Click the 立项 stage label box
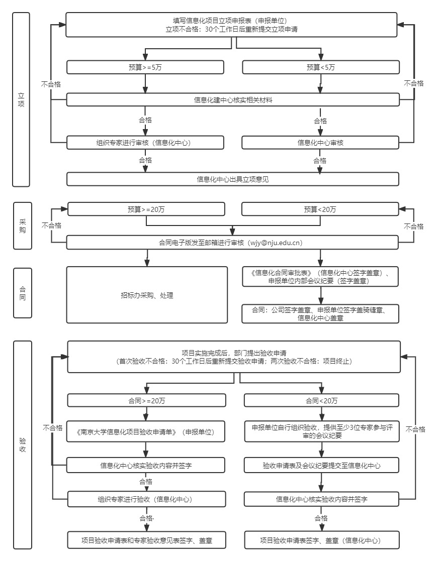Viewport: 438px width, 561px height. pyautogui.click(x=21, y=99)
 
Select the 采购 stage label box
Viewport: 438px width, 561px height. pyautogui.click(x=22, y=226)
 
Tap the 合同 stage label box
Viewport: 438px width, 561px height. pyautogui.click(x=22, y=293)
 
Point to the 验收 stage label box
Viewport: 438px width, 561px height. pyautogui.click(x=22, y=445)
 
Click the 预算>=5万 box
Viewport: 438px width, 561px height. pyautogui.click(x=145, y=67)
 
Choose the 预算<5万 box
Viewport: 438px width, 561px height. pyautogui.click(x=320, y=67)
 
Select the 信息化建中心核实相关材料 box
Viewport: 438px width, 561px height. pyautogui.click(x=233, y=99)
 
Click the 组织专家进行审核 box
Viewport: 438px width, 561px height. pyautogui.click(x=145, y=143)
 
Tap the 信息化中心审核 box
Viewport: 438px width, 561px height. pyautogui.click(x=320, y=143)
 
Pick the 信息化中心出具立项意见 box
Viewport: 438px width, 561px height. pyautogui.click(x=233, y=179)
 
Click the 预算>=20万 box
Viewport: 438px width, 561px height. pyautogui.click(x=146, y=209)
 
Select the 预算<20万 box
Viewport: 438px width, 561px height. pyautogui.click(x=320, y=209)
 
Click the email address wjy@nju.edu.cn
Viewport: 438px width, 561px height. pyautogui.click(x=274, y=243)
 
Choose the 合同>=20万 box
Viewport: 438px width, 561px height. pyautogui.click(x=146, y=400)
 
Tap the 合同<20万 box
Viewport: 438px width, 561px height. pyautogui.click(x=322, y=400)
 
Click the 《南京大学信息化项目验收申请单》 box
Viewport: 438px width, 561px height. pyautogui.click(x=146, y=431)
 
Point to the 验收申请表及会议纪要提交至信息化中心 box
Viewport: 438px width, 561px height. pyautogui.click(x=322, y=466)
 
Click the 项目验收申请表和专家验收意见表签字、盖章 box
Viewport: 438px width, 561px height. pyautogui.click(x=146, y=541)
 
